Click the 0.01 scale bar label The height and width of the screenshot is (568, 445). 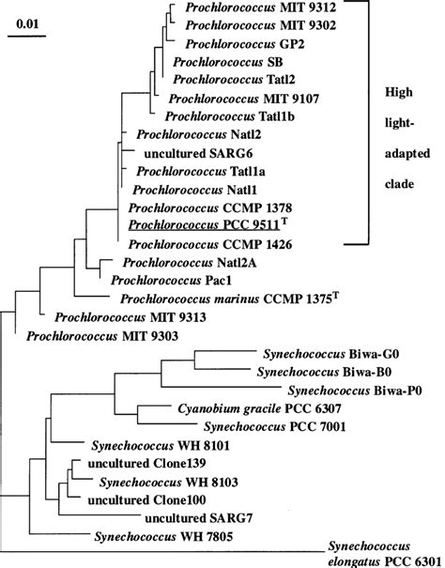click(25, 22)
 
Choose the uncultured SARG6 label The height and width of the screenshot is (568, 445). click(185, 152)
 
